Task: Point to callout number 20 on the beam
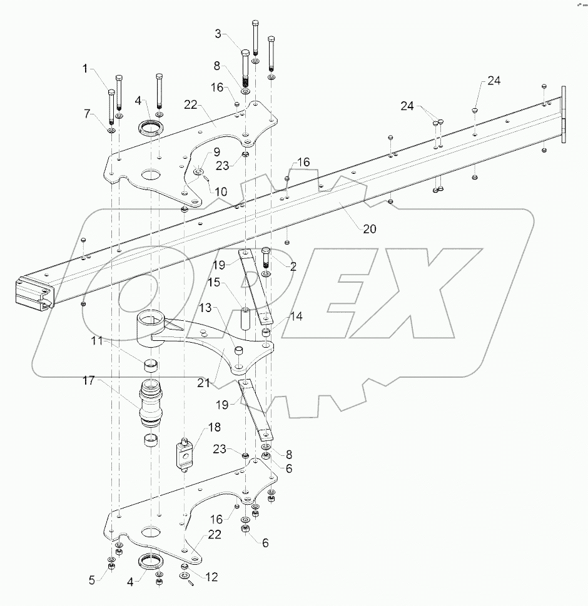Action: pos(370,229)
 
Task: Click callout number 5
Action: pos(93,580)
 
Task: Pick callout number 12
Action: pos(211,577)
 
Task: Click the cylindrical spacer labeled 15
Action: pos(245,318)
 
